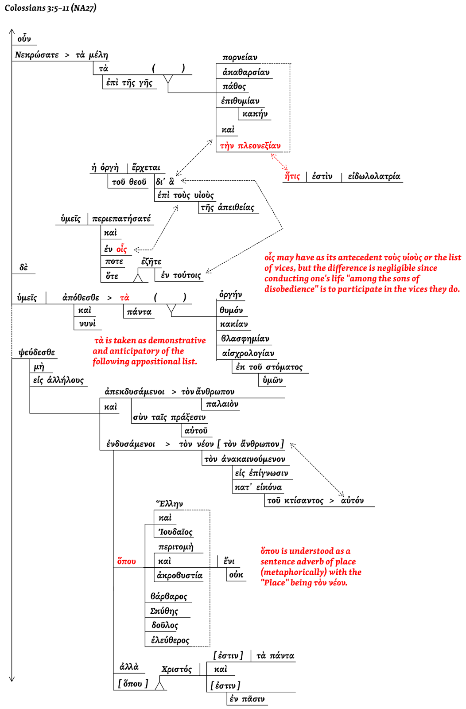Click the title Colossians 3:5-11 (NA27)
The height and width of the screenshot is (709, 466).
coord(50,8)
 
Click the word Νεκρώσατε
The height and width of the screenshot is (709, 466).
coord(37,55)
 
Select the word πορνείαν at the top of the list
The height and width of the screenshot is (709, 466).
coord(240,57)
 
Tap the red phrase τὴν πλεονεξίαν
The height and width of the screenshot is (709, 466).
coord(250,146)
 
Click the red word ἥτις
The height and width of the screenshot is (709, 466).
coord(292,176)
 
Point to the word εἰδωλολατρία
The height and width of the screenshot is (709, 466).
coord(374,176)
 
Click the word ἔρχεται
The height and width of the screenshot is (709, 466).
coord(146,168)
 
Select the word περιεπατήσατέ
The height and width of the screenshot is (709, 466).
coord(121,219)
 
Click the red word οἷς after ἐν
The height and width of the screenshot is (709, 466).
coord(122,249)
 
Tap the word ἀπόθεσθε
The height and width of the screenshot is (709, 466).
coord(81,298)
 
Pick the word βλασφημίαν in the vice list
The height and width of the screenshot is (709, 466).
coord(245,339)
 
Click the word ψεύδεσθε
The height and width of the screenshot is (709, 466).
coord(37,353)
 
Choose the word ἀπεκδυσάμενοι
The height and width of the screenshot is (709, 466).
coord(134,392)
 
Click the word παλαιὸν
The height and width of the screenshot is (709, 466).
coord(222,404)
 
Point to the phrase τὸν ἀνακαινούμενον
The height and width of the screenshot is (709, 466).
coord(245,459)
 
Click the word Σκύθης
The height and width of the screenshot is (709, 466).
coord(164,611)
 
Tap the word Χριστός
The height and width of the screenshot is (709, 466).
coord(176,669)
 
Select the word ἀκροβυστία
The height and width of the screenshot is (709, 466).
coord(179,575)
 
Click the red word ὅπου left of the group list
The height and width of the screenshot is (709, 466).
coord(126,561)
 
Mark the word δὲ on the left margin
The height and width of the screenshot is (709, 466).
coord(23,267)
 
